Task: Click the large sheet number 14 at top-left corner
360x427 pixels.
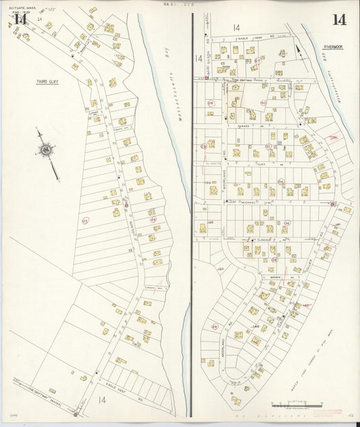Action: (x=20, y=19)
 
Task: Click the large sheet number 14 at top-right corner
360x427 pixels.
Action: (x=339, y=19)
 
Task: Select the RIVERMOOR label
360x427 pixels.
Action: (x=334, y=47)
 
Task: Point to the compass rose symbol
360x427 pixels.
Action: (x=45, y=149)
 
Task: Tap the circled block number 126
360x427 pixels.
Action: (x=153, y=220)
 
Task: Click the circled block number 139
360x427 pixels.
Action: (x=215, y=326)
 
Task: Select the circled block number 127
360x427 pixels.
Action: (x=220, y=269)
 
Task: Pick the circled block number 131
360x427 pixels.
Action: (x=268, y=146)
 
